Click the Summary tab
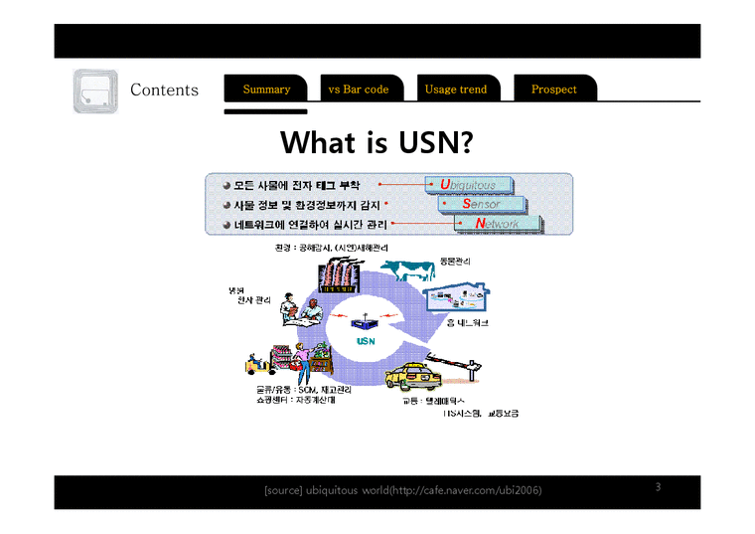point(266,89)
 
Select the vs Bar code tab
point(359,89)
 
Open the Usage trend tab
point(456,89)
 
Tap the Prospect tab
point(553,89)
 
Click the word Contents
point(164,89)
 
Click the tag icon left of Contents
point(95,91)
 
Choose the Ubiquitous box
point(470,185)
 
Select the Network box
point(500,225)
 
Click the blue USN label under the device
point(366,341)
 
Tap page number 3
point(658,487)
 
